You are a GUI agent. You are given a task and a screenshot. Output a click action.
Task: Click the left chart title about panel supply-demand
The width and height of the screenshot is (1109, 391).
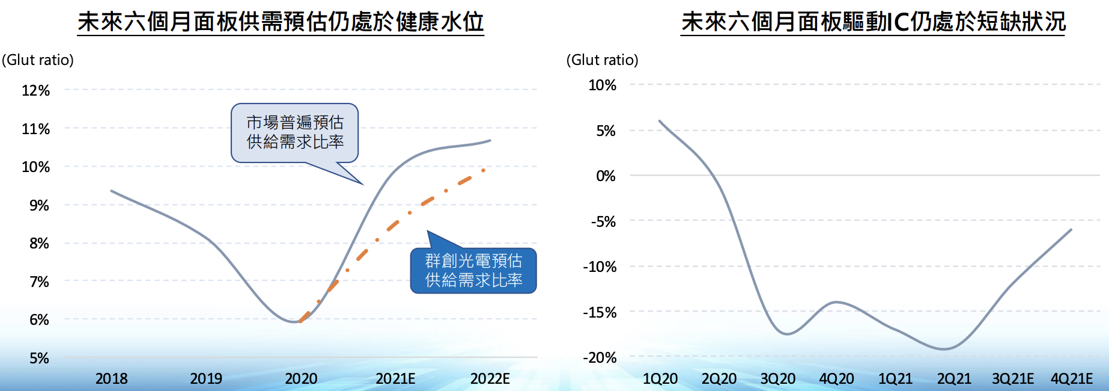click(x=281, y=22)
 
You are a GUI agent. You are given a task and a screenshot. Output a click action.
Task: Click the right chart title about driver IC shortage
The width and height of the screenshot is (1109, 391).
click(x=873, y=22)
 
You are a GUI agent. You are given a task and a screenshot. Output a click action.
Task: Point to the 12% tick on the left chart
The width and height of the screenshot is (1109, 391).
click(x=35, y=91)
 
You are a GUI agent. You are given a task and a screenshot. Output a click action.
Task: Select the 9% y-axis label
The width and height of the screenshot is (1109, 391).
click(x=39, y=206)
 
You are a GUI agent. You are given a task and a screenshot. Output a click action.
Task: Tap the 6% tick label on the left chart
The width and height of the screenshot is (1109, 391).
click(x=39, y=320)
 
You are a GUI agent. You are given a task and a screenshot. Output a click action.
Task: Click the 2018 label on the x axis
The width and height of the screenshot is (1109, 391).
click(x=112, y=379)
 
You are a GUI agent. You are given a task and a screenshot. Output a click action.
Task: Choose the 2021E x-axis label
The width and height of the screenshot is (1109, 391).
click(x=395, y=379)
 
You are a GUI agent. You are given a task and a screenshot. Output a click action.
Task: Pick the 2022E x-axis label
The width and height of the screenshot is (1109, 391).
click(x=490, y=379)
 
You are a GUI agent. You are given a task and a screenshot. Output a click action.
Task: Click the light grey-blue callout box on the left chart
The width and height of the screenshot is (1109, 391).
click(x=295, y=132)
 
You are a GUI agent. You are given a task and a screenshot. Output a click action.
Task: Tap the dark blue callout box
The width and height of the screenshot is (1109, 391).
click(x=473, y=271)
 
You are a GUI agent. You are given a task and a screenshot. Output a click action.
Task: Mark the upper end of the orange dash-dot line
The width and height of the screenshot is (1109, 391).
click(x=484, y=170)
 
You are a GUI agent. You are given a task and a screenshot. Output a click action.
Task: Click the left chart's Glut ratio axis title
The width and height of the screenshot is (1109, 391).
click(x=38, y=60)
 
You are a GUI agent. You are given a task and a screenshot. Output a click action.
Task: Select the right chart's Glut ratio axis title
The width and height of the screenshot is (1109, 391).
click(x=603, y=60)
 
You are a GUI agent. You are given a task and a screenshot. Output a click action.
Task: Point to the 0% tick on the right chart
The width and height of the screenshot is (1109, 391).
click(x=606, y=176)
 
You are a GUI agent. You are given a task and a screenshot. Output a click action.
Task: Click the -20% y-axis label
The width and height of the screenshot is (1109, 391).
click(x=600, y=358)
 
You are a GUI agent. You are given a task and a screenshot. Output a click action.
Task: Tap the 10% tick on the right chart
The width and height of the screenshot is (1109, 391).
click(x=602, y=85)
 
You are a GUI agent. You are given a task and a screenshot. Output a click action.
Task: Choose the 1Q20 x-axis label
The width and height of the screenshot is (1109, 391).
click(x=660, y=379)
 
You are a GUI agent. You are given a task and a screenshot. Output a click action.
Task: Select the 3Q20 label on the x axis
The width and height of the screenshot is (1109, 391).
click(x=778, y=379)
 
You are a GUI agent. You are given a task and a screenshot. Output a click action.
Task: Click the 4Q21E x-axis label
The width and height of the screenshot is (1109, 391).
click(x=1071, y=379)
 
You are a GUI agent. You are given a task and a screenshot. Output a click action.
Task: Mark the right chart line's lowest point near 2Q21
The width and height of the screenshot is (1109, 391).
click(x=944, y=349)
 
